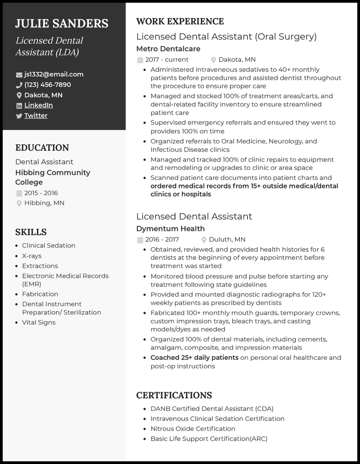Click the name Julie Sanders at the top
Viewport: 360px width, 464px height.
[62, 23]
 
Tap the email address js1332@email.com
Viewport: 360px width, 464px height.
[54, 74]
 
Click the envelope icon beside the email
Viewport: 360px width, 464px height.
[19, 75]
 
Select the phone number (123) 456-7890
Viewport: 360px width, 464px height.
[47, 85]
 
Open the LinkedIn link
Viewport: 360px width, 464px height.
[38, 105]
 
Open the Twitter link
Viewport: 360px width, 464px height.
[36, 116]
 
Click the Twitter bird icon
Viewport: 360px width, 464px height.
[19, 116]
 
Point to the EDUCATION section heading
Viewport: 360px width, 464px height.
[42, 147]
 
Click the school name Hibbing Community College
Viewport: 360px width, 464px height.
[53, 177]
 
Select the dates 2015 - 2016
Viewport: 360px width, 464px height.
[41, 193]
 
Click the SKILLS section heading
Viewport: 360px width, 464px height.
[31, 232]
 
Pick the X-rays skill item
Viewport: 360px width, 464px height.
[31, 256]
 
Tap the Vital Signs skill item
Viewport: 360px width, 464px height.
[39, 322]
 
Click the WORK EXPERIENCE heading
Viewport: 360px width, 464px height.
[180, 21]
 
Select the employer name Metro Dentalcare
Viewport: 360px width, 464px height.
[168, 49]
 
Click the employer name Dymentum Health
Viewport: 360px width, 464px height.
[170, 228]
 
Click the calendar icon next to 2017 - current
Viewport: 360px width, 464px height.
[140, 60]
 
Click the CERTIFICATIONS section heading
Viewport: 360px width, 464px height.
[174, 395]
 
